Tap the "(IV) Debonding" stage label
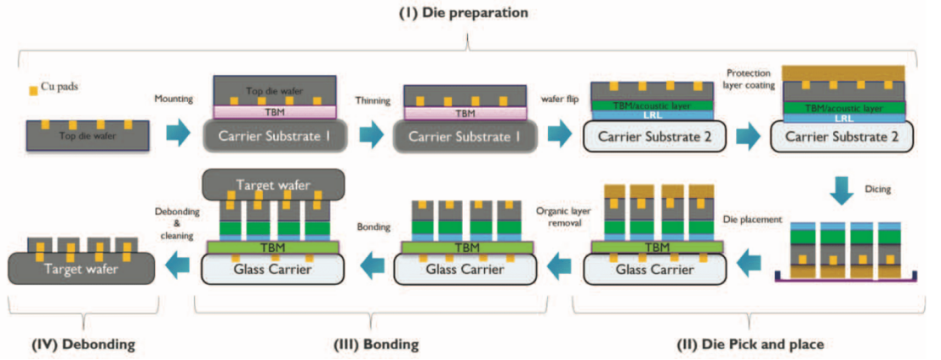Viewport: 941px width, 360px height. coord(84,345)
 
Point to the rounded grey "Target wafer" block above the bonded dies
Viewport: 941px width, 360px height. coord(274,183)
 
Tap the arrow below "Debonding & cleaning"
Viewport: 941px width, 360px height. coord(176,265)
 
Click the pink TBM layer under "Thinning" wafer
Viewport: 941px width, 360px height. coord(465,112)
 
